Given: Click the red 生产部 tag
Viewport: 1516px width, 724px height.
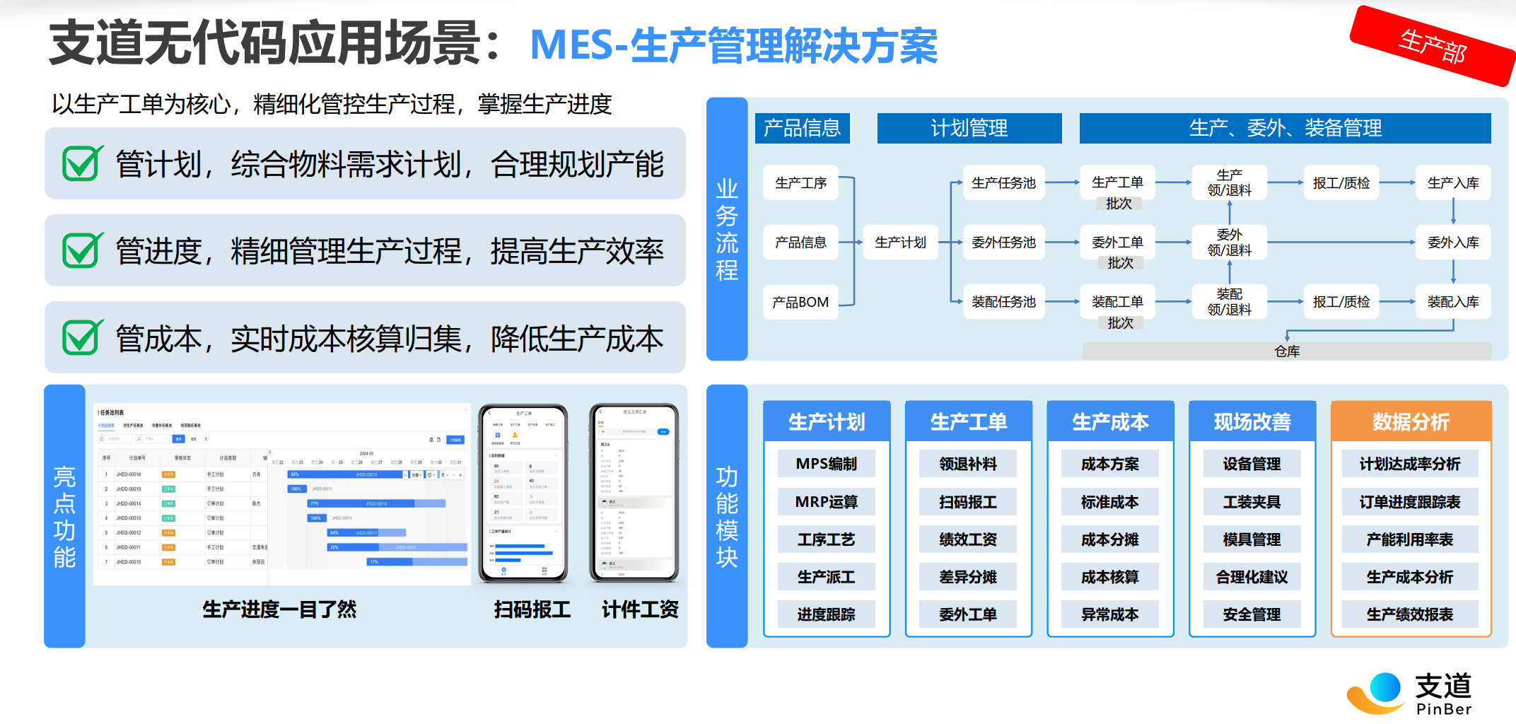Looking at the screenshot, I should (1433, 46).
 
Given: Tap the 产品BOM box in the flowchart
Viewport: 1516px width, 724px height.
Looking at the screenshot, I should (800, 302).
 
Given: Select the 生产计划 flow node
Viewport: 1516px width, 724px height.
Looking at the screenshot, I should (900, 243).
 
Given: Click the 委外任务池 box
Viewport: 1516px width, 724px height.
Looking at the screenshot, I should (1003, 243).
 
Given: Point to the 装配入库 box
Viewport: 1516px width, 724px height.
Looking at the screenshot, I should (1453, 302).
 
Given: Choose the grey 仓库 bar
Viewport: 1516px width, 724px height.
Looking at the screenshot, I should (1287, 351).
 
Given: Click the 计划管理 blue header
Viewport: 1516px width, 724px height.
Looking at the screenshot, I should (969, 128).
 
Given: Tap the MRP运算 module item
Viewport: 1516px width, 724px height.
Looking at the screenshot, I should (826, 502).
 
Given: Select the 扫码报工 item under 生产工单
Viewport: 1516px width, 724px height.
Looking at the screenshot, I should (968, 502).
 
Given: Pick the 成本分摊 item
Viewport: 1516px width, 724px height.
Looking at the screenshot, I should (1109, 539).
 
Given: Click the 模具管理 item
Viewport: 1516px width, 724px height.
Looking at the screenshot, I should (1252, 539).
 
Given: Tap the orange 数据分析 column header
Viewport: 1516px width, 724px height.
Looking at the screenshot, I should (1411, 421).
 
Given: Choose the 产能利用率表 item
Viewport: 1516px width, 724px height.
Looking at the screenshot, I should (1410, 539).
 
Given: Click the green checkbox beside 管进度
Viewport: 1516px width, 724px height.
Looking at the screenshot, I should (82, 250).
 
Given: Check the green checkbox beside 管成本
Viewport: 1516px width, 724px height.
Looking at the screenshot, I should (82, 337).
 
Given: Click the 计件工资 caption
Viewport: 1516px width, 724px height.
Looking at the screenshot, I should (640, 609).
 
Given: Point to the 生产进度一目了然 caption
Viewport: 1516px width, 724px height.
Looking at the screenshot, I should (279, 609).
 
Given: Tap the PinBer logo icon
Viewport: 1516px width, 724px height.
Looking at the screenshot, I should (1375, 692).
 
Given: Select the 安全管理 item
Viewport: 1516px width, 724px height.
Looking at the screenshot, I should (1252, 614).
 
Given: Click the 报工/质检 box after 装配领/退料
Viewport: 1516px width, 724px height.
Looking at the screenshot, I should (1341, 302).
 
